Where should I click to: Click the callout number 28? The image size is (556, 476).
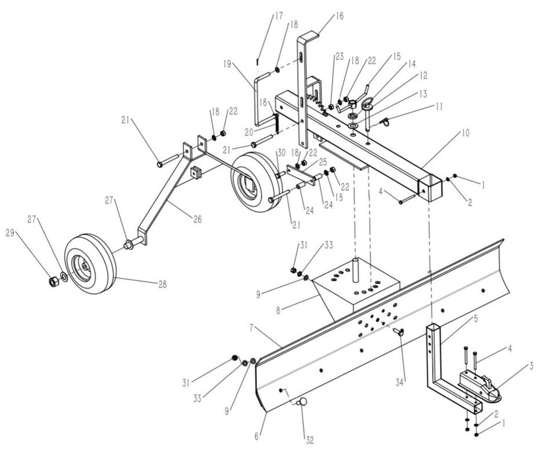pyautogui.click(x=162, y=284)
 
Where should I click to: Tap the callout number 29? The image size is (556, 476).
pyautogui.click(x=10, y=233)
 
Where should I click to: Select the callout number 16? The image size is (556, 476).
pyautogui.click(x=339, y=16)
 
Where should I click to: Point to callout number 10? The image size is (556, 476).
pyautogui.click(x=465, y=133)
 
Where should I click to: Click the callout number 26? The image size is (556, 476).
pyautogui.click(x=197, y=219)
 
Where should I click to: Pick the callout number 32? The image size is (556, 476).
pyautogui.click(x=309, y=440)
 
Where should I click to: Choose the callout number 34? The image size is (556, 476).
pyautogui.click(x=400, y=382)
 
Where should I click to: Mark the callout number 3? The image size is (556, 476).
pyautogui.click(x=531, y=366)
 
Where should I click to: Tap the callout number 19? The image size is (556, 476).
pyautogui.click(x=227, y=64)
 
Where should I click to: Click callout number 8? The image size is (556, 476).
pyautogui.click(x=279, y=310)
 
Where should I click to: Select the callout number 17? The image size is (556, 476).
pyautogui.click(x=279, y=16)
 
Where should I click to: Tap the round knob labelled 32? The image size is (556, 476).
pyautogui.click(x=302, y=402)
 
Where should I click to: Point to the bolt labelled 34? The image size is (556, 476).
pyautogui.click(x=398, y=331)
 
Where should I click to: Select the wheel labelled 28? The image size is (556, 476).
pyautogui.click(x=90, y=263)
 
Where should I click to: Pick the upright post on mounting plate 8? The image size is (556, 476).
pyautogui.click(x=355, y=270)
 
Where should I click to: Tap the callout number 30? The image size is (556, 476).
pyautogui.click(x=281, y=153)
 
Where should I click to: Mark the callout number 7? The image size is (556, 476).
pyautogui.click(x=251, y=328)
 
